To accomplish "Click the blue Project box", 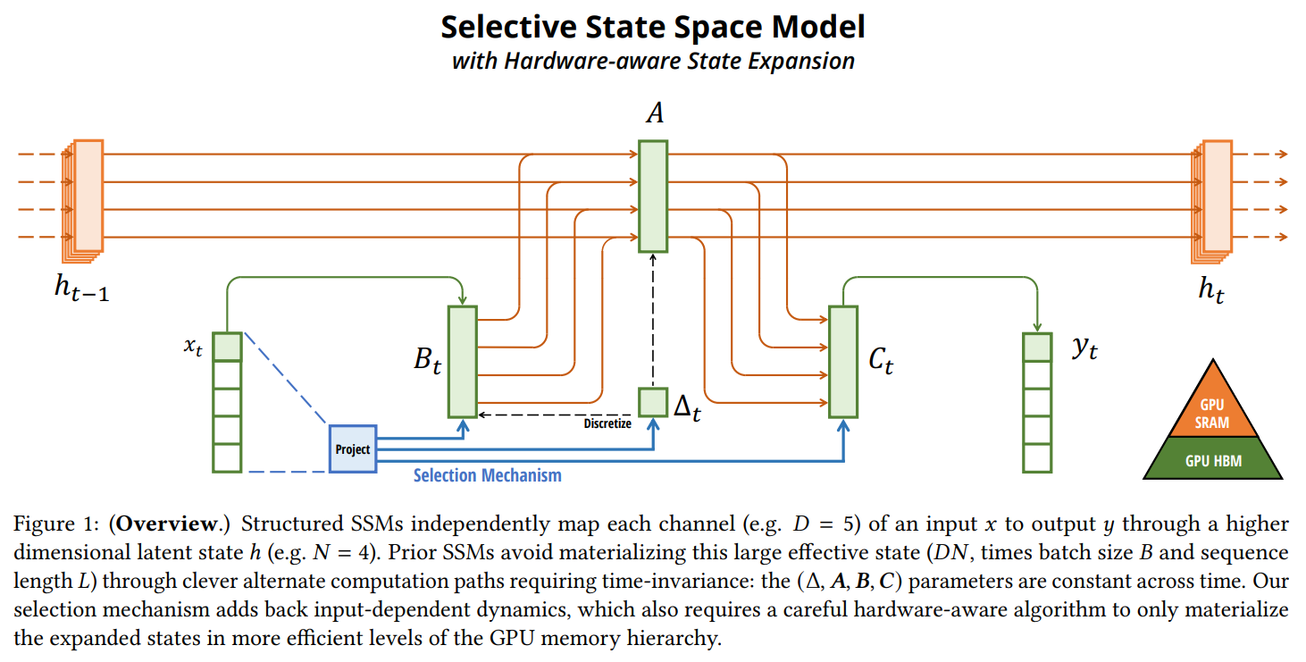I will [x=353, y=448].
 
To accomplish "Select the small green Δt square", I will [x=653, y=402].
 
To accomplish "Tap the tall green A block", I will [x=653, y=195].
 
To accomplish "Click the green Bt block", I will [x=463, y=361].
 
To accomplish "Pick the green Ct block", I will [x=843, y=361].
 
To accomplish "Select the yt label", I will [x=1084, y=348].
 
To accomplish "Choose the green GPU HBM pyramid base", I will [x=1211, y=461].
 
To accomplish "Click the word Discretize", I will [x=607, y=423].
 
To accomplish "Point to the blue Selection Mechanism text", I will [x=488, y=475].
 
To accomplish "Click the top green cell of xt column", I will [x=227, y=346].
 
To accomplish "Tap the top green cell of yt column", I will [x=1036, y=346].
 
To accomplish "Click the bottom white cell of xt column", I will [x=227, y=457].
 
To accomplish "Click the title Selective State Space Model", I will [x=653, y=27].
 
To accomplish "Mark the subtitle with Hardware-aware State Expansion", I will [x=653, y=61].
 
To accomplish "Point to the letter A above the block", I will [x=653, y=114].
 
